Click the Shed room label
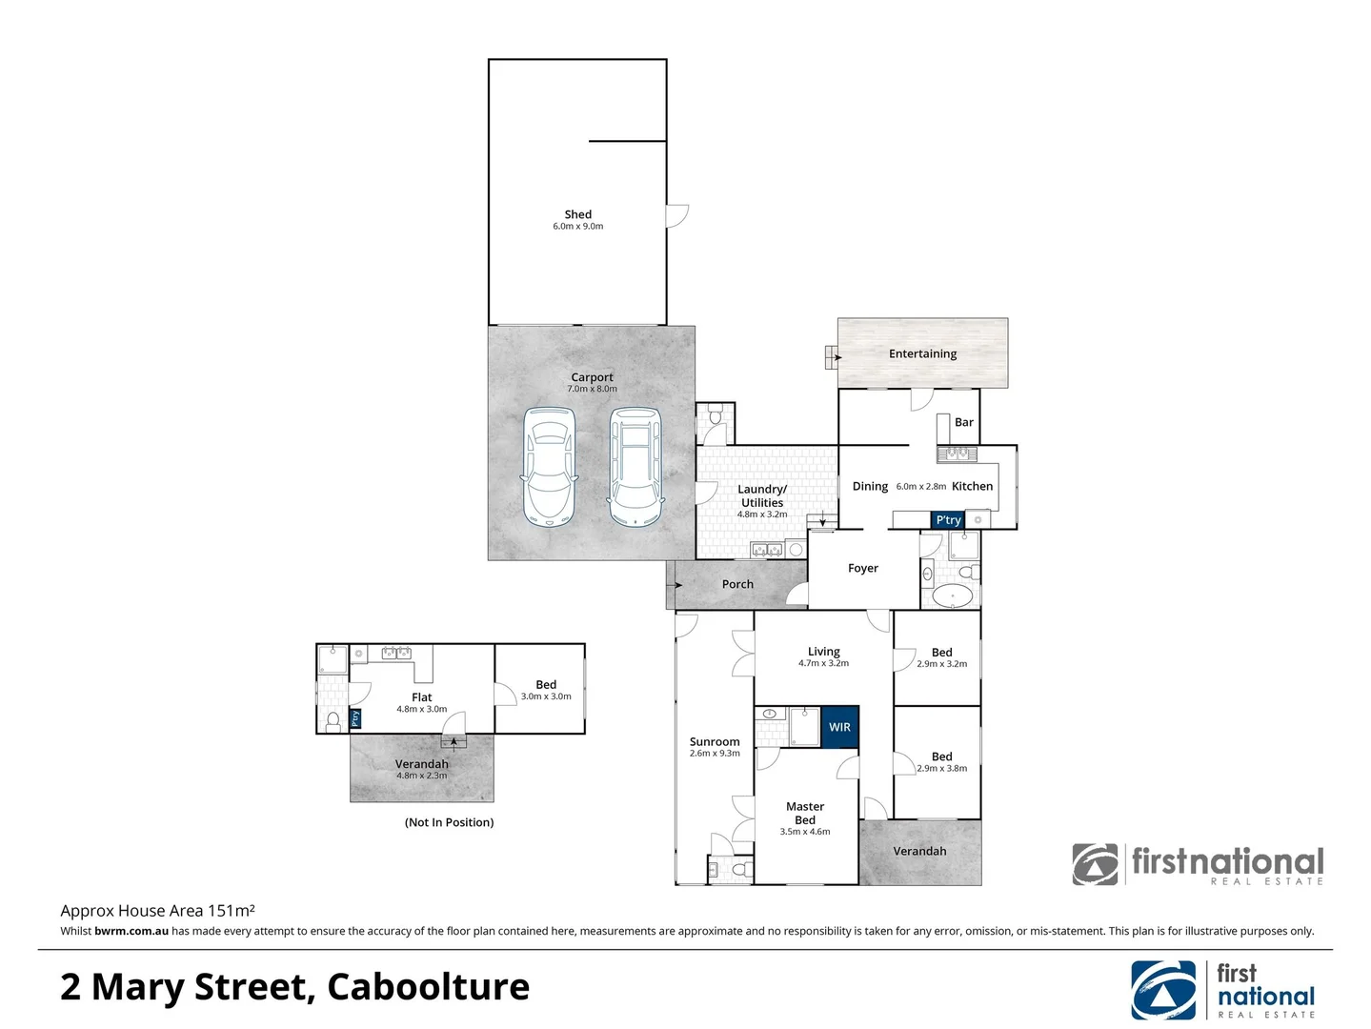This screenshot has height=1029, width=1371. point(577,214)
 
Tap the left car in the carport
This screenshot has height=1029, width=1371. point(550,467)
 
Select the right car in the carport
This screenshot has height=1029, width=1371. point(635,467)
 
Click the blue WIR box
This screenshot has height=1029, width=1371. point(839,727)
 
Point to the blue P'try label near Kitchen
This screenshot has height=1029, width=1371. point(948,520)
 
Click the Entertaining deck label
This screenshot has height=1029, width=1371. point(922,353)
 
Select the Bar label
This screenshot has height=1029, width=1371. point(964,422)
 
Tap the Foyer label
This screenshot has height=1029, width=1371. point(863,568)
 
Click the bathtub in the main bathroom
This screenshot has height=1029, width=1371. point(952,596)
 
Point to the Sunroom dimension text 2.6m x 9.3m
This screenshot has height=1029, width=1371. point(715,754)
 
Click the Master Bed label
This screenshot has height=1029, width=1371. point(805,813)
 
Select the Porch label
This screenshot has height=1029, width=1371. point(737,584)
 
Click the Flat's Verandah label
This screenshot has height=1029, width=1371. point(421,764)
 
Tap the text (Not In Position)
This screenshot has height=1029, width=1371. point(449,822)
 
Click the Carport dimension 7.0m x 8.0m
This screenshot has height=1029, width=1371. point(592,389)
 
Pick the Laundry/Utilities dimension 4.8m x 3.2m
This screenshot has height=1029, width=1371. point(762,514)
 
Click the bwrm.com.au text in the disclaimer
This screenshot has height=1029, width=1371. point(131,931)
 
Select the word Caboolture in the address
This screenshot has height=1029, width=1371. point(428,987)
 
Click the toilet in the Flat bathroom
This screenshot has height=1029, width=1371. point(333,720)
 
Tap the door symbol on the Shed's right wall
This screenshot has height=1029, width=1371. point(676,215)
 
